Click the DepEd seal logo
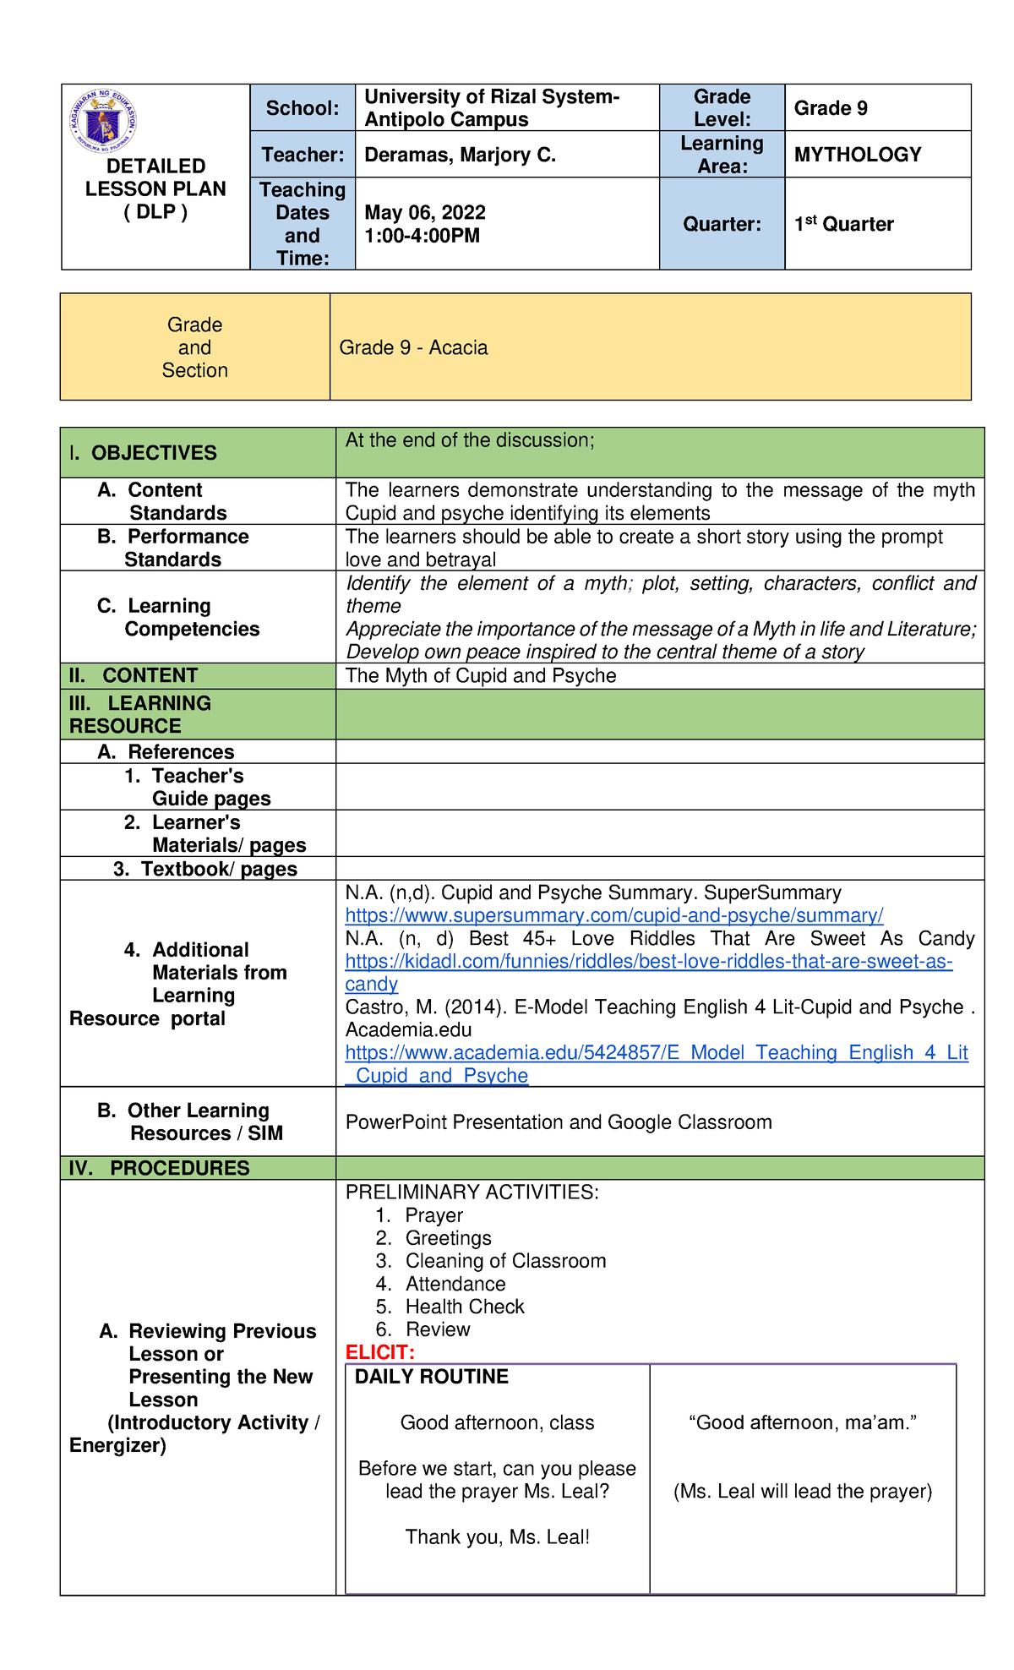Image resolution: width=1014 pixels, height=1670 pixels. click(x=103, y=121)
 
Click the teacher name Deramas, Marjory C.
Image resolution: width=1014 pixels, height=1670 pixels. click(x=460, y=155)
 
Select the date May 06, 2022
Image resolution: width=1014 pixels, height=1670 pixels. click(x=424, y=213)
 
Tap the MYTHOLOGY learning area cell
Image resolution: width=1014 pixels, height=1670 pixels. click(x=857, y=155)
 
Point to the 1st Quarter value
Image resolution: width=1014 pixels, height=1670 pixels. click(x=843, y=224)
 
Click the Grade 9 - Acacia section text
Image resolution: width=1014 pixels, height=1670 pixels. click(x=413, y=347)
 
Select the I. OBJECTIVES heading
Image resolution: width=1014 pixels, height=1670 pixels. click(x=143, y=453)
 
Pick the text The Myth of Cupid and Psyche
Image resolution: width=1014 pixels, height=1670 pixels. click(x=480, y=675)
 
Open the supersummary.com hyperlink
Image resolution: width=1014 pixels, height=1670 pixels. click(x=613, y=915)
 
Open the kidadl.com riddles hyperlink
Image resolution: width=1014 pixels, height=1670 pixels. click(x=648, y=962)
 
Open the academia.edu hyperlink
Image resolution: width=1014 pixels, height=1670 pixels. click(x=656, y=1053)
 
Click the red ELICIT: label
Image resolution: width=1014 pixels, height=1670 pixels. click(x=379, y=1352)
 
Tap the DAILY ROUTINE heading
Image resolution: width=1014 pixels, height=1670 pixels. click(x=431, y=1377)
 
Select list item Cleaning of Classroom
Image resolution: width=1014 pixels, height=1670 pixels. click(x=505, y=1261)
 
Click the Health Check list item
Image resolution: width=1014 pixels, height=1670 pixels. click(x=465, y=1307)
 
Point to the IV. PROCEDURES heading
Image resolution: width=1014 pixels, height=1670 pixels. click(x=160, y=1168)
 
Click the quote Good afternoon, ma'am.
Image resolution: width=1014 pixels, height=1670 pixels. click(x=802, y=1422)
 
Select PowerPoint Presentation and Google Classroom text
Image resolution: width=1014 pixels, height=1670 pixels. click(x=558, y=1122)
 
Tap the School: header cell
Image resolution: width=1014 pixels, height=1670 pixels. click(x=302, y=108)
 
